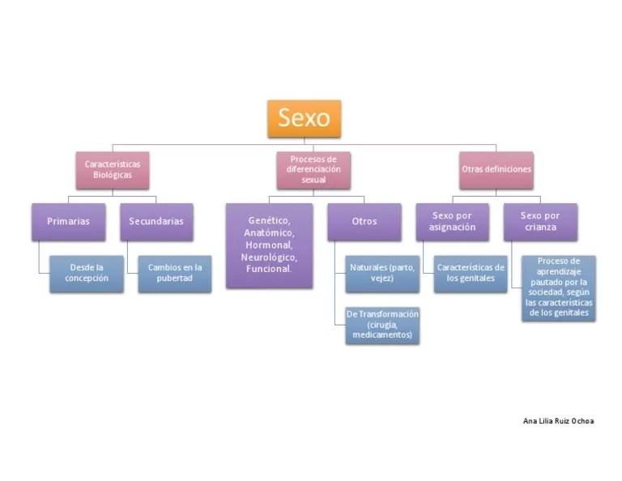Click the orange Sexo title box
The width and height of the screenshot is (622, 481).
[304, 118]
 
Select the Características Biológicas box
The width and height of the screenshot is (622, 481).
[112, 169]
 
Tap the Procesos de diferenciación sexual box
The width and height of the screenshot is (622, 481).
[313, 169]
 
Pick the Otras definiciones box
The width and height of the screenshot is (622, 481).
[496, 169]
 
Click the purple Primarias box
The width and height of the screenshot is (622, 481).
[68, 221]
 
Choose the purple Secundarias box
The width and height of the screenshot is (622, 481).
[155, 221]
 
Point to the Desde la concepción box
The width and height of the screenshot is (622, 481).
[86, 273]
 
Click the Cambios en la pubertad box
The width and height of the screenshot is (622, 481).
[174, 273]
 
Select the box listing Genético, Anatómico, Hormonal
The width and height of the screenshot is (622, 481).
[269, 245]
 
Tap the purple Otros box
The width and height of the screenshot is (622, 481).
[364, 221]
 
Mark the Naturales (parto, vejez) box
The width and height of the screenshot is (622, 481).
[382, 273]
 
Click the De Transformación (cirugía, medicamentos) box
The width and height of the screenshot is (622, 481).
[382, 324]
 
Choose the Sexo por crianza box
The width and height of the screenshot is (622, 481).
[540, 221]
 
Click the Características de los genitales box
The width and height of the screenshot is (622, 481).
[470, 273]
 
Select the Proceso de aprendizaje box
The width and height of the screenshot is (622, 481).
[558, 287]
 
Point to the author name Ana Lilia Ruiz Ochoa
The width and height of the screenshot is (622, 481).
[558, 421]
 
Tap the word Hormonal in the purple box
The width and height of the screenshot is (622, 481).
[269, 245]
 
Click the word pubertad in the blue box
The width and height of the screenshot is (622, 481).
[174, 279]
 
